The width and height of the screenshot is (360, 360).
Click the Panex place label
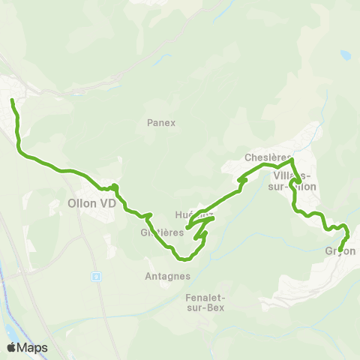click(161, 123)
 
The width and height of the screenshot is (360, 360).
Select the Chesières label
click(267, 158)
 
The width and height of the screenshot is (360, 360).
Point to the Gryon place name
click(340, 251)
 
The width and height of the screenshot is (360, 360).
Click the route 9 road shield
click(96, 276)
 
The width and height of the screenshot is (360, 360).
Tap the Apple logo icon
click(11, 347)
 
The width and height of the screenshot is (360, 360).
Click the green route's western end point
click(12, 100)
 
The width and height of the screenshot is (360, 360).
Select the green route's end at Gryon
click(340, 250)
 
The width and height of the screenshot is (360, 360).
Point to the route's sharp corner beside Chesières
click(292, 159)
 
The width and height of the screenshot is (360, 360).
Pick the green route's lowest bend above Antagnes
click(182, 259)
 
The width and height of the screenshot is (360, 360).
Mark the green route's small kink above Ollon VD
click(113, 186)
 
